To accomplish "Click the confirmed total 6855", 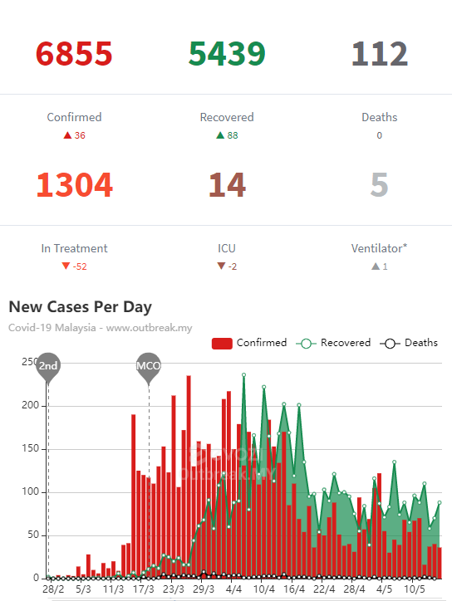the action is (74, 53).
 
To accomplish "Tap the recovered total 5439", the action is (227, 53).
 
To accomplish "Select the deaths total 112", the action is (380, 53).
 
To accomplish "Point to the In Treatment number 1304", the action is (75, 185).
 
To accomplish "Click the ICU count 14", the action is (227, 185).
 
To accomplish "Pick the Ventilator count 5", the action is (380, 185).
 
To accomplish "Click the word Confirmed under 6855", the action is (75, 117).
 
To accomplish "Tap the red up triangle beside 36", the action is (67, 135).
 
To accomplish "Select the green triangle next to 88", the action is (220, 135).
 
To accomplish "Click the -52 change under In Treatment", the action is (80, 266).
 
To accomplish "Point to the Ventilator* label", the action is (379, 248).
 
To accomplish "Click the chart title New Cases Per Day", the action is (81, 307).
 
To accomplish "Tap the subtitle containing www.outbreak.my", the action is (101, 328).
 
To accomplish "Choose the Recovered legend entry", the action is (333, 343).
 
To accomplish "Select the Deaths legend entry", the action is (409, 343).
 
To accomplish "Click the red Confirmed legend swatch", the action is (222, 344).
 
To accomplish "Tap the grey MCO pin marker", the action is (149, 368).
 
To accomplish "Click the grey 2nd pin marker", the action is (48, 367).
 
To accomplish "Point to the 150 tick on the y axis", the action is (31, 448).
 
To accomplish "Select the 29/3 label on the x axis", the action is (204, 589).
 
